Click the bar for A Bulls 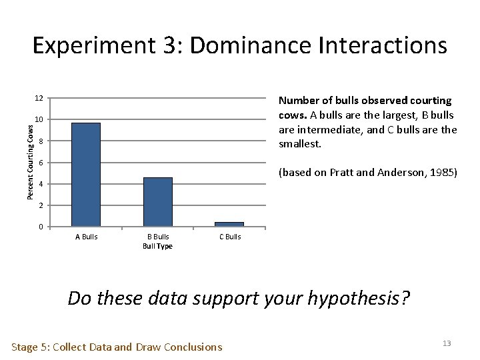[85, 175]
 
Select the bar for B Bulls [158, 201]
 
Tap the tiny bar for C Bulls [229, 224]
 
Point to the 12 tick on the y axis [39, 99]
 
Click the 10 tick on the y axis [39, 120]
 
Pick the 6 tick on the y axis [41, 163]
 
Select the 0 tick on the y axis [41, 227]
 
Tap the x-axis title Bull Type [159, 247]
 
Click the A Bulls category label [85, 237]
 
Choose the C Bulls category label [230, 237]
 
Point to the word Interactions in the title [389, 45]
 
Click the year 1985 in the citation [443, 173]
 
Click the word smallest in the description [300, 143]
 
